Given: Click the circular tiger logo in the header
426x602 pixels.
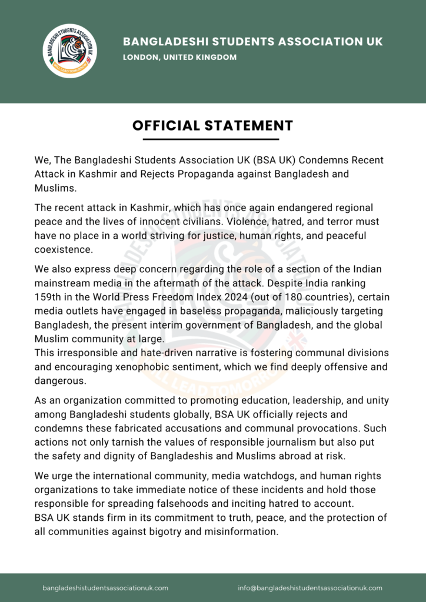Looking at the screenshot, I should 71,51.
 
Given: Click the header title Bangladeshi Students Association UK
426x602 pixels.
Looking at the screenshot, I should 252,42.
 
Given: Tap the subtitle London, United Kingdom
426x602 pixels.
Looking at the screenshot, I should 179,58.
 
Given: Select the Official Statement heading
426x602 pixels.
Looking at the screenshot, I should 212,125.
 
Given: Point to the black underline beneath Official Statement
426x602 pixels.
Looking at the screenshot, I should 212,139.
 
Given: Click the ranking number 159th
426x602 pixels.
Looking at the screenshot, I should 48,297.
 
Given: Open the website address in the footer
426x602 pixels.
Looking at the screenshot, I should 105,588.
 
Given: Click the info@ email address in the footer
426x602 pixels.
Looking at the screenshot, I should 310,588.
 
